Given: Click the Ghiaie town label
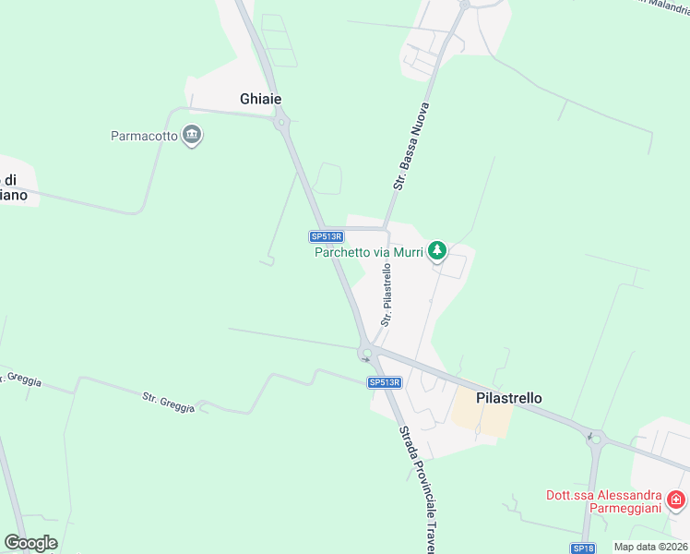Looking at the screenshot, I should point(260,99).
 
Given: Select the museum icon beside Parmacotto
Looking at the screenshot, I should point(192,136).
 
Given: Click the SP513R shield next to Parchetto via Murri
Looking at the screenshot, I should point(327,236).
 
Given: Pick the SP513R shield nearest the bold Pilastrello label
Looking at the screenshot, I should point(385,382).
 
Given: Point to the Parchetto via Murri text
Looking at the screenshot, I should point(368,251).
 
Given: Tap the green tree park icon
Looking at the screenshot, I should point(437,249).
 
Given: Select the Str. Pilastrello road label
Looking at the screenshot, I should point(387,295).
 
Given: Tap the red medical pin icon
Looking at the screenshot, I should point(676,500).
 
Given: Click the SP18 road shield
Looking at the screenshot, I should point(582,548).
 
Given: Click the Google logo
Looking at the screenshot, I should point(30,543).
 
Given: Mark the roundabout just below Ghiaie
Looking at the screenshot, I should point(281,121).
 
